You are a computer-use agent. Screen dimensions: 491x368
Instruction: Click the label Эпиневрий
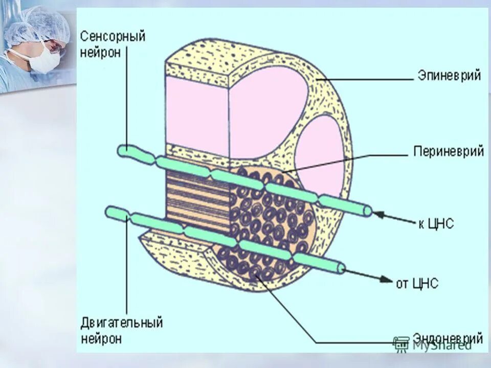449,76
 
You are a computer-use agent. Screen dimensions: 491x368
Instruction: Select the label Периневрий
448,152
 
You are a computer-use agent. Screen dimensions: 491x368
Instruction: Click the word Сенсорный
113,37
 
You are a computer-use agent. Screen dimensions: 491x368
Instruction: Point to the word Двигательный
122,323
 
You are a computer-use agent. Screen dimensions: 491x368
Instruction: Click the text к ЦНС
436,223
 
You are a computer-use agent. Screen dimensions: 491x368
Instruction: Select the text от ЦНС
417,283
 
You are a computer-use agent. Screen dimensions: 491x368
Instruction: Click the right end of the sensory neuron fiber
367,211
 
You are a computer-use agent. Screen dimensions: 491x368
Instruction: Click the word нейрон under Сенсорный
101,53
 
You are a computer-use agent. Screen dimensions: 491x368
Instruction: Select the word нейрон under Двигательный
101,338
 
